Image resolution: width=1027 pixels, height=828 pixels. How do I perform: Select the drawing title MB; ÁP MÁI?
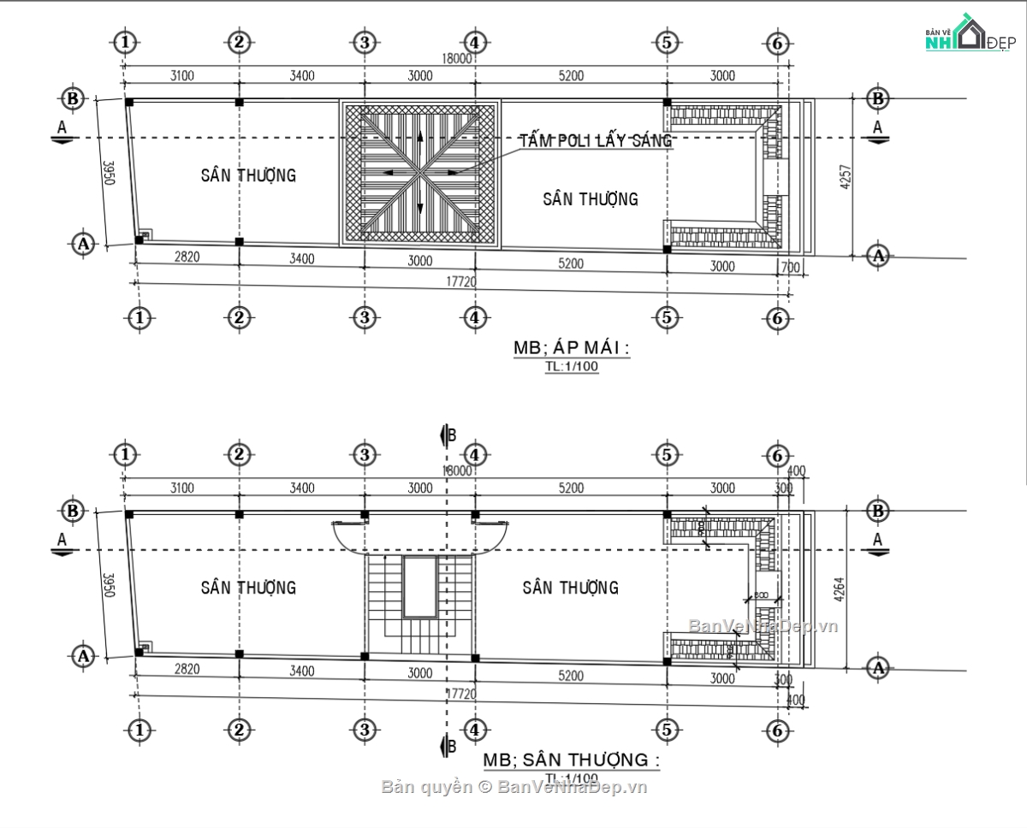click(571, 348)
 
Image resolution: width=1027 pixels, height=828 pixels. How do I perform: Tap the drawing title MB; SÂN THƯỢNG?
click(571, 760)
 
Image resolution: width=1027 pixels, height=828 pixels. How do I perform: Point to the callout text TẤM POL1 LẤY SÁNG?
click(596, 141)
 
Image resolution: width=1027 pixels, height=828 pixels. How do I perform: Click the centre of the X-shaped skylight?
click(419, 174)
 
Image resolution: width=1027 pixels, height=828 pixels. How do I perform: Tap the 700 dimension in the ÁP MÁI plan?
click(790, 268)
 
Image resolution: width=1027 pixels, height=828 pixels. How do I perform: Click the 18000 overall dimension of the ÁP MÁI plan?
click(457, 59)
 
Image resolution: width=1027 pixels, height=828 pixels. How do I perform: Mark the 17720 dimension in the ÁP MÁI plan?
click(460, 281)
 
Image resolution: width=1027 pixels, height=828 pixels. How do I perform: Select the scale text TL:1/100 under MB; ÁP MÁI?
click(571, 367)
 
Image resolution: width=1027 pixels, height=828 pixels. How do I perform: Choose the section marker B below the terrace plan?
click(447, 746)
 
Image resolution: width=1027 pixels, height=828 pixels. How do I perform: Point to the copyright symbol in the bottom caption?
click(484, 787)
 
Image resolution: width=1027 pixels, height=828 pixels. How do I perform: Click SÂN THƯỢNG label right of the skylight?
click(591, 199)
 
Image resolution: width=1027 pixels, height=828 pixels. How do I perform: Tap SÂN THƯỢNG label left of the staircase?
click(248, 588)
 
